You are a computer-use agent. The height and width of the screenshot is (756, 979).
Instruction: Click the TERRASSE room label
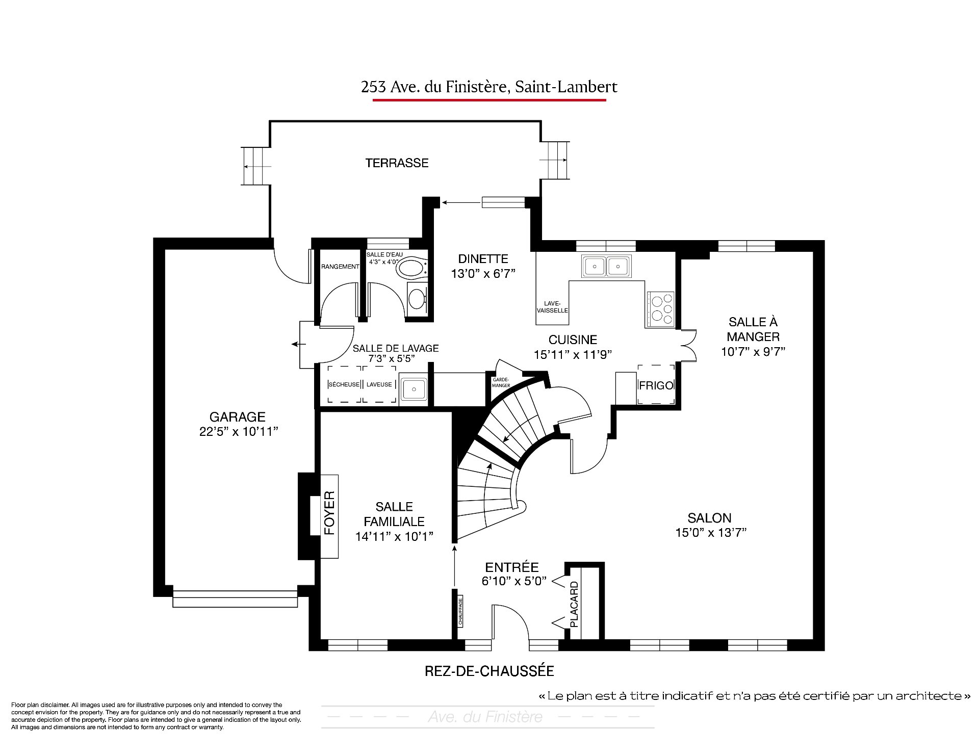(397, 163)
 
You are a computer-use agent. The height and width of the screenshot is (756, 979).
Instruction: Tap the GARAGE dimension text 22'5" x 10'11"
(239, 432)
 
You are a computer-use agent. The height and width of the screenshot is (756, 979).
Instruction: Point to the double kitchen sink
(606, 266)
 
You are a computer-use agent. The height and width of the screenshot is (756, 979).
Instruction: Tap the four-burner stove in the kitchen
(661, 309)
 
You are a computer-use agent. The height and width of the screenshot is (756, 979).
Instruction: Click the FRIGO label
(656, 385)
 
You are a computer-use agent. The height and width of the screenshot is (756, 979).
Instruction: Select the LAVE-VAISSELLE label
(553, 307)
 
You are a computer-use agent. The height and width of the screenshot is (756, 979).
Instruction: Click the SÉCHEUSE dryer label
(344, 384)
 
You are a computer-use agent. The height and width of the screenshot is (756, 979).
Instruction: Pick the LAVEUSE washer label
(379, 384)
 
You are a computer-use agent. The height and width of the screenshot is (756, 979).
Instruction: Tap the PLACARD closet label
(574, 604)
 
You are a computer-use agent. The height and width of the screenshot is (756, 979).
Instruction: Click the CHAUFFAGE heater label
(460, 611)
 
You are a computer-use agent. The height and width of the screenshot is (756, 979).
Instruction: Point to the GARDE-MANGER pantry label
(501, 383)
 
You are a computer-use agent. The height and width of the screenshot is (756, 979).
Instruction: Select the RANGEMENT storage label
(340, 267)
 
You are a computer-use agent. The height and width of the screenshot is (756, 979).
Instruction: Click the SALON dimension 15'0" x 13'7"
(711, 533)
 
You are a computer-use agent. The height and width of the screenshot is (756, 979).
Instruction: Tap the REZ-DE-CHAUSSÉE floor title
(489, 671)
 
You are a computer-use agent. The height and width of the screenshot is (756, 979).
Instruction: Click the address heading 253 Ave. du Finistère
(489, 87)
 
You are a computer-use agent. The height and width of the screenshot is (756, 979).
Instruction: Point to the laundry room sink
(414, 389)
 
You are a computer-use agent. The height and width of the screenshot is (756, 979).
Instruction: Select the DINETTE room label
(483, 259)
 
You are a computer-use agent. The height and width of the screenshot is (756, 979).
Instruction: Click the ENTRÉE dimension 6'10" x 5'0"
(514, 581)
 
